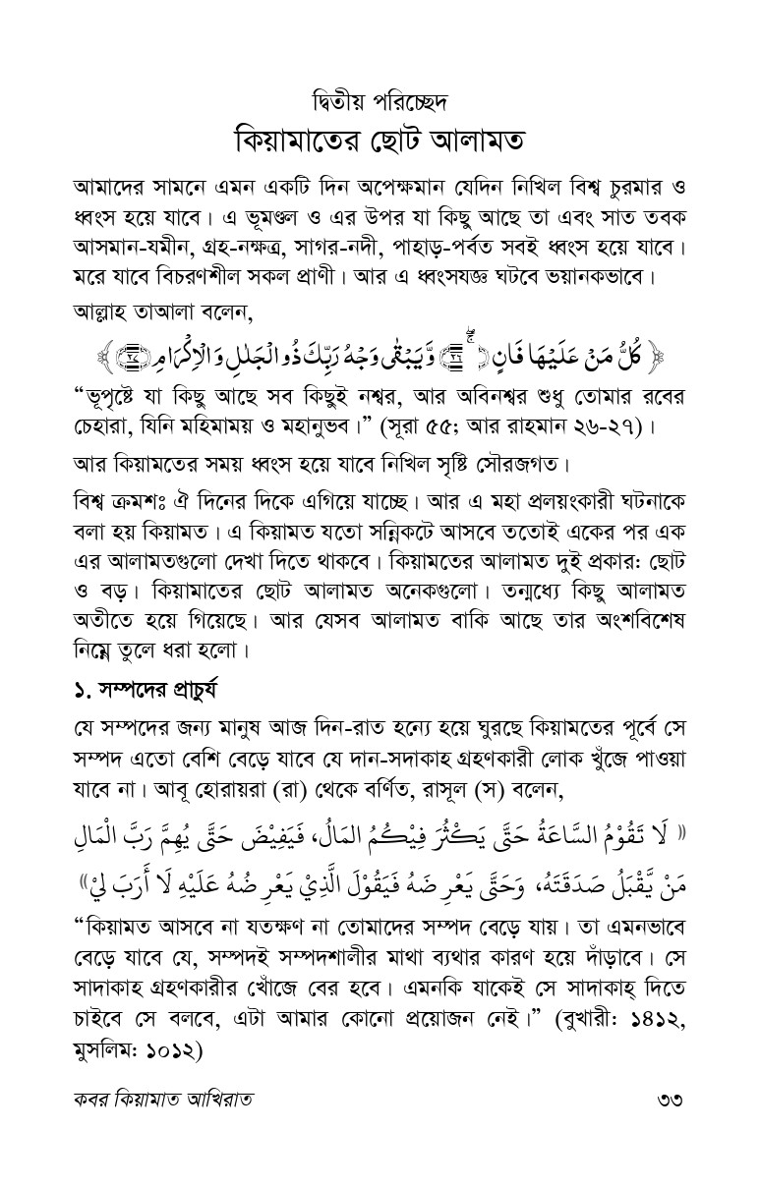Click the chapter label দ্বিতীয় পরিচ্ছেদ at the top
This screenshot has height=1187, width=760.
[380, 101]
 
